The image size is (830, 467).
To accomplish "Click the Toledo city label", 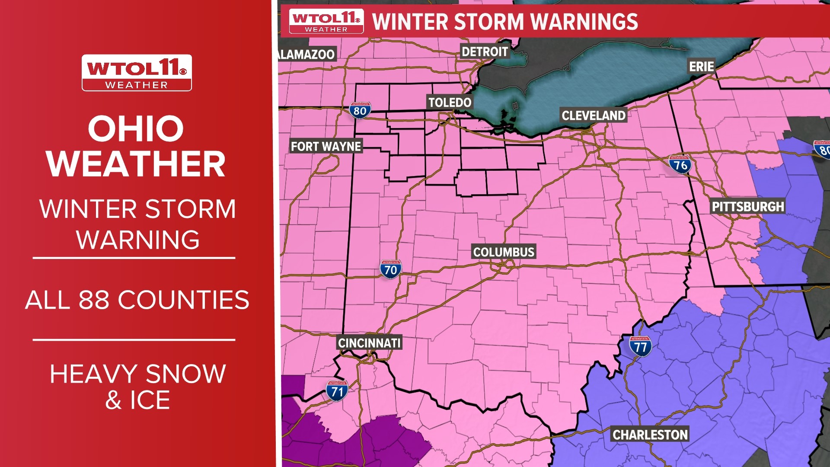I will (450, 102).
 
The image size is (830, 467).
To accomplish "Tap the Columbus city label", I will (504, 252).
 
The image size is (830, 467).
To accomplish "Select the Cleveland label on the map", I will (594, 115).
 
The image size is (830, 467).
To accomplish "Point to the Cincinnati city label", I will (369, 343).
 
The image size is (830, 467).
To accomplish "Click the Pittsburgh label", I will (747, 207).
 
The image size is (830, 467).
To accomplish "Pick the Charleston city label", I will (650, 435).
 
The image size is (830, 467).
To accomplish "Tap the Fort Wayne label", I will (326, 147).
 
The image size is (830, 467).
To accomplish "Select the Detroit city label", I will (485, 52).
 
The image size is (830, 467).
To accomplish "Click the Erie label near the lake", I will (701, 67).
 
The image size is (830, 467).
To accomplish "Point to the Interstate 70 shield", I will (390, 269).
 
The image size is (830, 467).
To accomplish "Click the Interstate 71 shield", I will (337, 391).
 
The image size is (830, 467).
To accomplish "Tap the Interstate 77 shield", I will (640, 346).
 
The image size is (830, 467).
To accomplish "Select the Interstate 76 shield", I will (680, 164).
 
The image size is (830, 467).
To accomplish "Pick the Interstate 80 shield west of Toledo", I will (360, 111).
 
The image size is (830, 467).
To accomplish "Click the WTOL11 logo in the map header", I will (326, 21).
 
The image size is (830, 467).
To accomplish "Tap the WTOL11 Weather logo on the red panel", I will (137, 73).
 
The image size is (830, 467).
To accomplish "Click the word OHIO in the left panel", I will (136, 129).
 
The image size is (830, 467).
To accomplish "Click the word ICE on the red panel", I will (150, 400).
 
